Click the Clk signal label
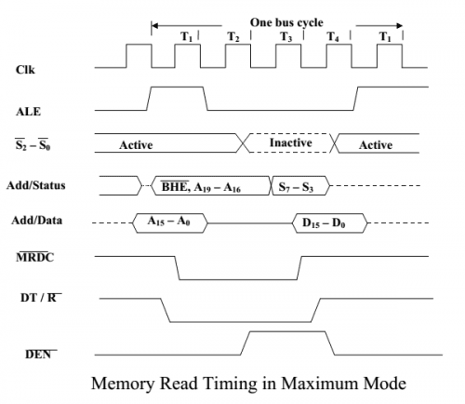26,68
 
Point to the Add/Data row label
41,222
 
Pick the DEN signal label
36,354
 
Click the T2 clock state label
233,37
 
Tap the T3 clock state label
286,37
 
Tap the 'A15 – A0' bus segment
170,222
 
